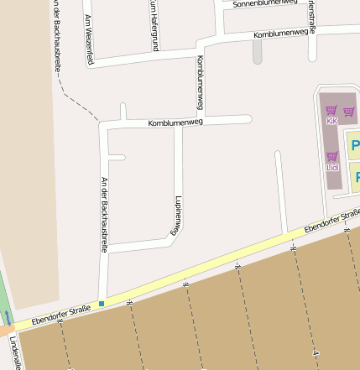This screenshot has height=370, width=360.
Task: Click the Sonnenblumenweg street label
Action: (x=265, y=3)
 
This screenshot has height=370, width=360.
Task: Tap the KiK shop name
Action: (x=331, y=122)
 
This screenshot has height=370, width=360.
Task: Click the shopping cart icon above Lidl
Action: (x=332, y=156)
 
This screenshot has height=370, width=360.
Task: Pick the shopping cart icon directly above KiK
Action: (x=331, y=110)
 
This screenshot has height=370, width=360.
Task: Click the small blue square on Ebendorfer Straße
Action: (x=102, y=303)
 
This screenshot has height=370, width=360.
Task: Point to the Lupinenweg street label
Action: (x=178, y=215)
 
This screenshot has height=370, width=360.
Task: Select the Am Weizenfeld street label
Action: (x=89, y=39)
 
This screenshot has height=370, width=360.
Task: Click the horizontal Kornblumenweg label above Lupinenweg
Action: (x=175, y=122)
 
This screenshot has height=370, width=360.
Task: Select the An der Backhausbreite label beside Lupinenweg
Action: (x=105, y=215)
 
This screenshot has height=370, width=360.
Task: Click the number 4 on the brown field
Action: (x=316, y=354)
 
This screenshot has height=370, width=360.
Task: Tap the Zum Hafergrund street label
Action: (x=154, y=17)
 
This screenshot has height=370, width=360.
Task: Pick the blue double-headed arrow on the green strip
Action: (x=8, y=318)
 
